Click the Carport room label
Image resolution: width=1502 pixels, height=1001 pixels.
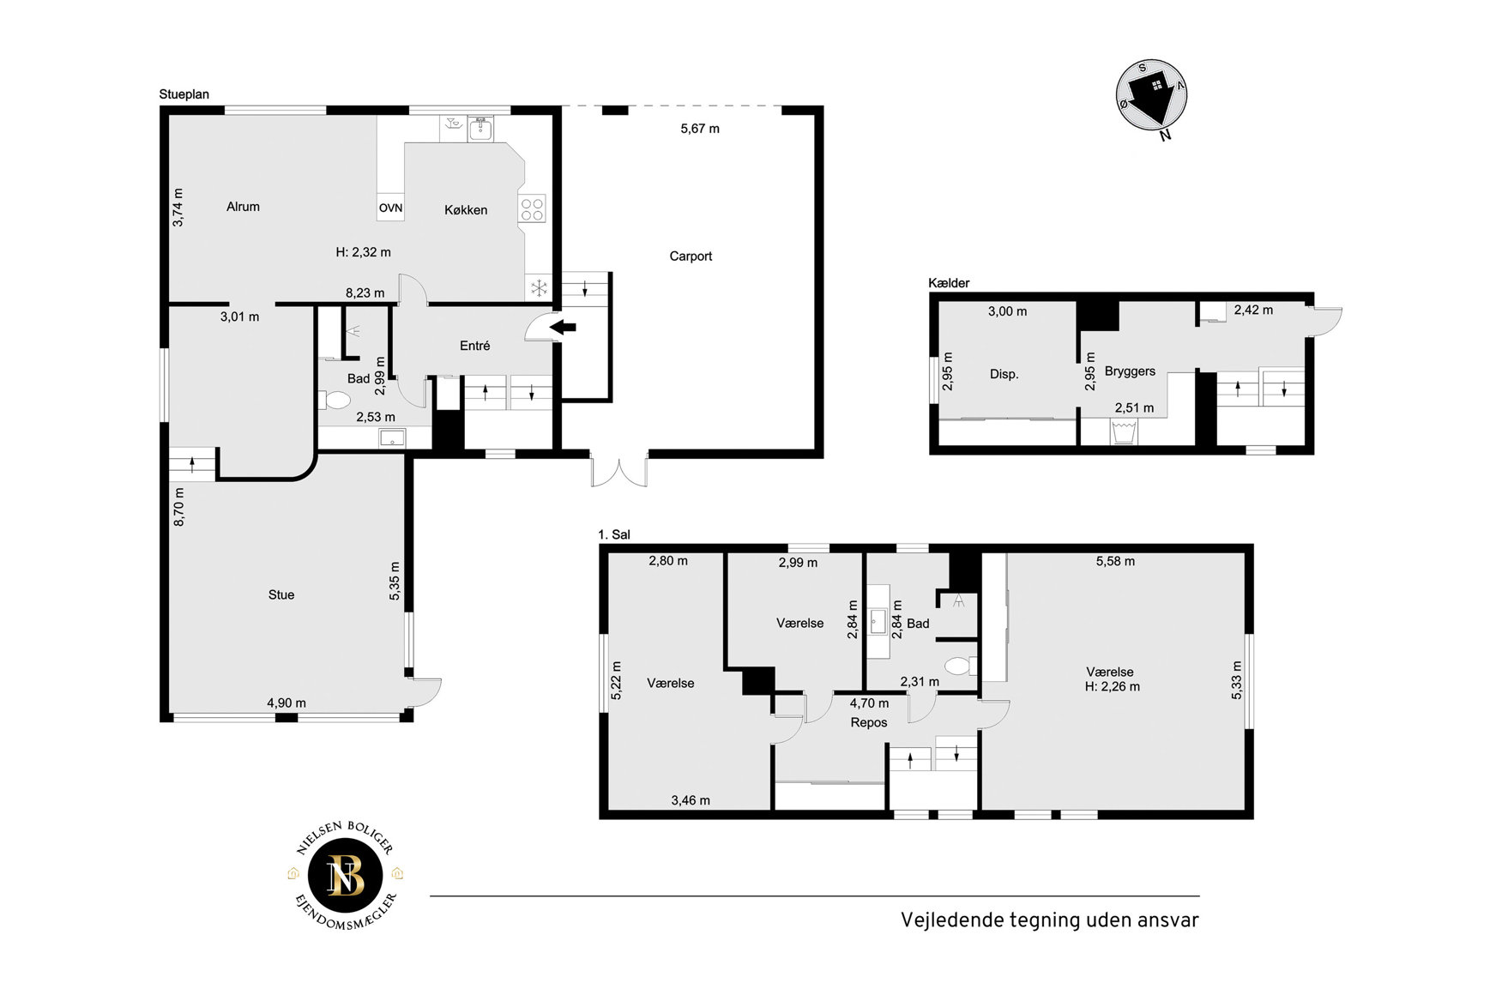pos(691,256)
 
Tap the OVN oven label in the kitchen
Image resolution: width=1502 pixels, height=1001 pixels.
pos(390,208)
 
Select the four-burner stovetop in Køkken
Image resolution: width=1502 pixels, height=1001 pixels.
pos(532,209)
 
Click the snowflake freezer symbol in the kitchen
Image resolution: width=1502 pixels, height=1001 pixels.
pos(539,288)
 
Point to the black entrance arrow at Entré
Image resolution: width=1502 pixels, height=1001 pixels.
pos(563,326)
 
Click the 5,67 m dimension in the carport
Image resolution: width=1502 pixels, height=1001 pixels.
pos(700,129)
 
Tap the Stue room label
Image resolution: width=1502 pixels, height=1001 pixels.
pos(281,594)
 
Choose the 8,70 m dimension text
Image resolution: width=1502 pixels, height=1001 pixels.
pos(178,507)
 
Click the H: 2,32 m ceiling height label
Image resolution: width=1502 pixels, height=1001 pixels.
pos(363,252)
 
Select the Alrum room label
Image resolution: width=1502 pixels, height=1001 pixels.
pos(243,207)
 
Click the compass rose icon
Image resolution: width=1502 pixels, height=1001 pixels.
pos(1152,96)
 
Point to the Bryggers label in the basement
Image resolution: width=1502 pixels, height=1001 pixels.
pos(1130,371)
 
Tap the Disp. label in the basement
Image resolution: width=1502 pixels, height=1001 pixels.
pos(1004,374)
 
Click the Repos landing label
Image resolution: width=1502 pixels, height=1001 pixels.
pos(869,722)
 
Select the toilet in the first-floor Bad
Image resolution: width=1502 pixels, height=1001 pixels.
pos(959,666)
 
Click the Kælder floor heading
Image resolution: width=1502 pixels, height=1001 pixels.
pos(949,283)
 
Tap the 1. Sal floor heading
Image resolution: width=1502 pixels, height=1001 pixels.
pos(614,534)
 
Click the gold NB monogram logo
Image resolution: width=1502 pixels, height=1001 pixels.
pos(346,875)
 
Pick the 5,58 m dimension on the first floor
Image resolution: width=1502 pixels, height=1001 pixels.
pos(1115,561)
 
